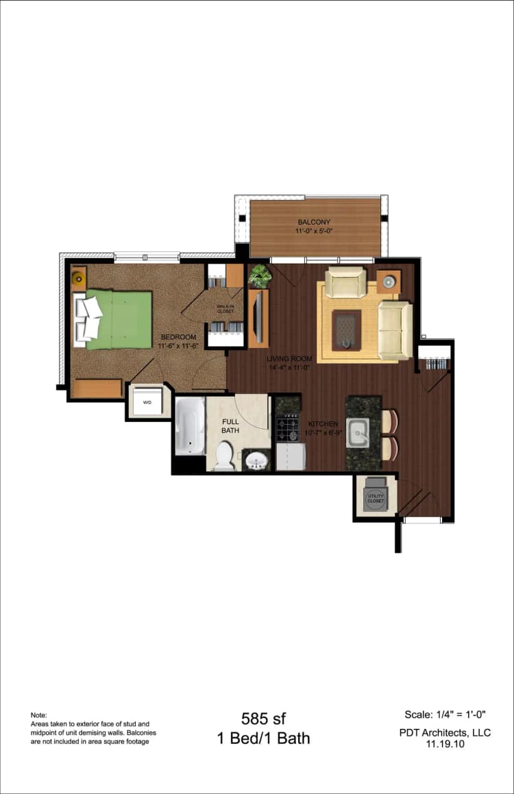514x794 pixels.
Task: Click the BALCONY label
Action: (314, 222)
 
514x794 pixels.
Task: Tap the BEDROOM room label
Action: (178, 337)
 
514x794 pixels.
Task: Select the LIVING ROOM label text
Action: (289, 359)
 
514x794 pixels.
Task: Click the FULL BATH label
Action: (230, 425)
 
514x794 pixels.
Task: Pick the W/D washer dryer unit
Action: (147, 402)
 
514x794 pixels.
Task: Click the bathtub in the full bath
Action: (190, 427)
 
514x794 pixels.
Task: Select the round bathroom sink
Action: (257, 460)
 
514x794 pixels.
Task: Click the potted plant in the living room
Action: (260, 276)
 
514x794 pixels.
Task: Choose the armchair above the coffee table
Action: (345, 282)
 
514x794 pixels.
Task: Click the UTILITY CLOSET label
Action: (376, 498)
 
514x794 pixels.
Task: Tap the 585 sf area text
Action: (263, 719)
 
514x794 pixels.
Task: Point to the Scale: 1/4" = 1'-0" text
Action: (445, 715)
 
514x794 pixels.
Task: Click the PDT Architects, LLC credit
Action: (445, 732)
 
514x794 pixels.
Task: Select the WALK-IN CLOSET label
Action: (225, 309)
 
